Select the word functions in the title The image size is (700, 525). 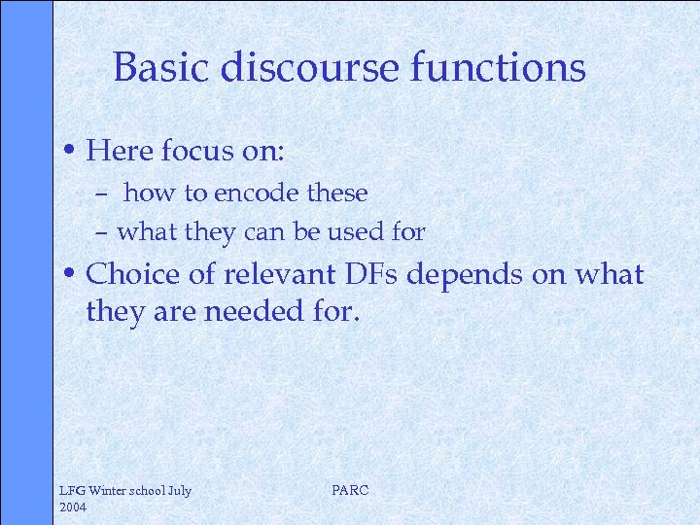click(513, 68)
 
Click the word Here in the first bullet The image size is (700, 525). click(118, 152)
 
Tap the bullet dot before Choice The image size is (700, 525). click(74, 275)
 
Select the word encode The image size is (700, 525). click(258, 193)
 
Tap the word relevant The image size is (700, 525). click(279, 275)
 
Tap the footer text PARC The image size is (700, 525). click(350, 490)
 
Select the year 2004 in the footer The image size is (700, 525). click(74, 507)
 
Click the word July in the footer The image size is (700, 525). click(180, 491)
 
